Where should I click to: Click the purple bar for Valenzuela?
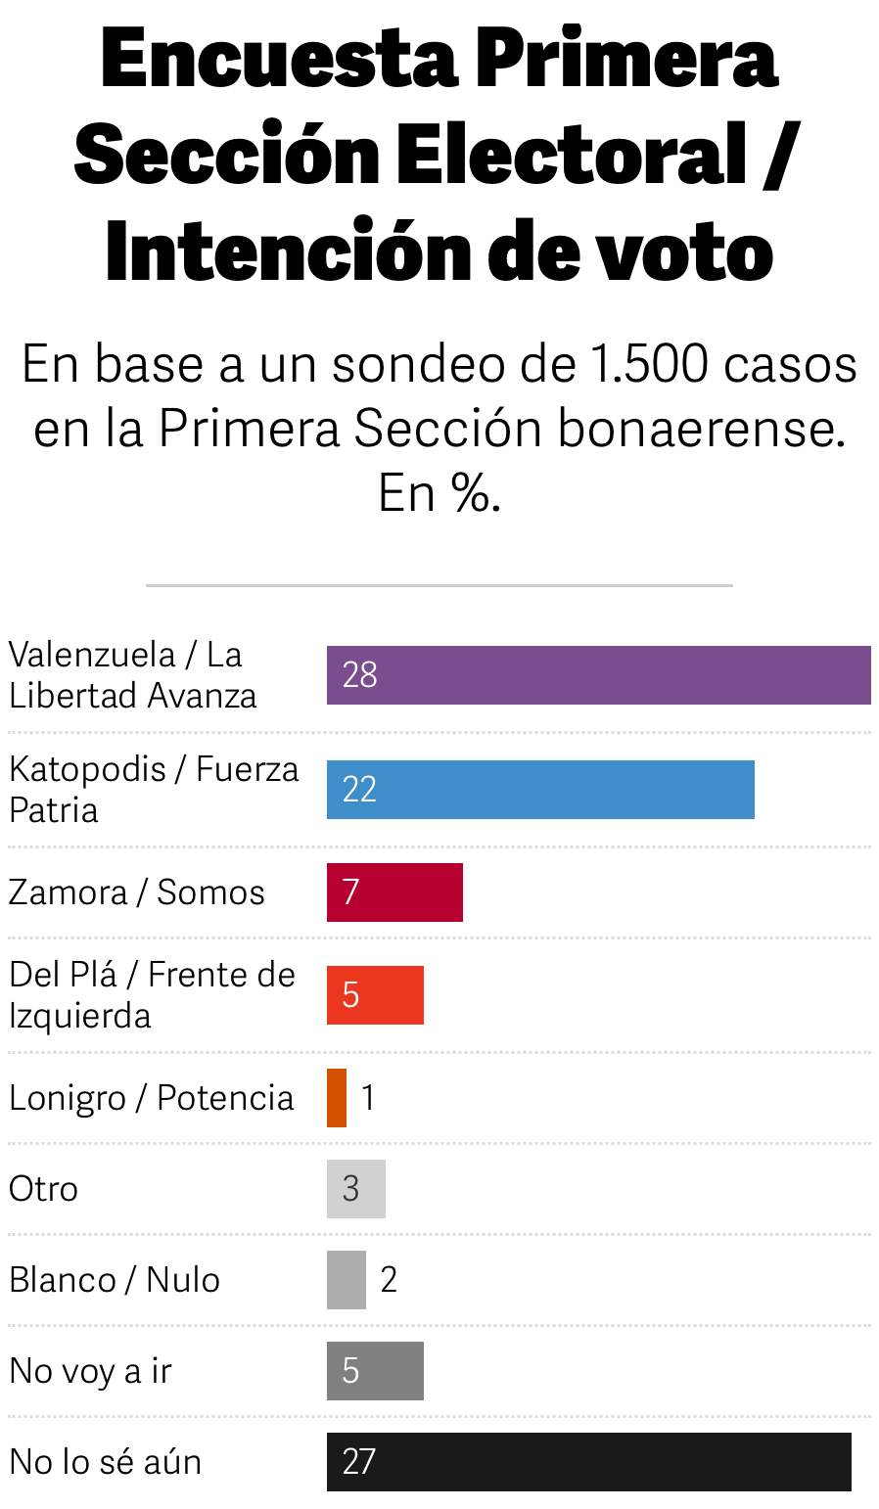tap(598, 675)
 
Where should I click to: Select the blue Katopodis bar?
tap(540, 790)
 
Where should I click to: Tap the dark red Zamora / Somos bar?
tap(394, 892)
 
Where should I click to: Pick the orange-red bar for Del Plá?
tap(375, 995)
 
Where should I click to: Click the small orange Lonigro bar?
tap(337, 1098)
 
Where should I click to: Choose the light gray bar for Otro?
tap(356, 1189)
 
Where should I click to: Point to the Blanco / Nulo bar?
tap(347, 1280)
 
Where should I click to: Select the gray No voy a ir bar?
tap(375, 1371)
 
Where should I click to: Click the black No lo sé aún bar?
tap(588, 1462)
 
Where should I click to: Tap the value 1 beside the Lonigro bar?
tap(368, 1098)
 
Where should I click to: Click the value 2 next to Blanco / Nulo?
tap(389, 1280)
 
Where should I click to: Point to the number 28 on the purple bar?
tap(359, 675)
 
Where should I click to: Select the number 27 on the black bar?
tap(359, 1462)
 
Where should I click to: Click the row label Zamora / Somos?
tap(137, 892)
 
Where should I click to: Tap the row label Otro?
tap(43, 1189)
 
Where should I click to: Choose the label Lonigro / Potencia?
tap(151, 1098)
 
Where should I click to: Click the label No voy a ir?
tap(90, 1371)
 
